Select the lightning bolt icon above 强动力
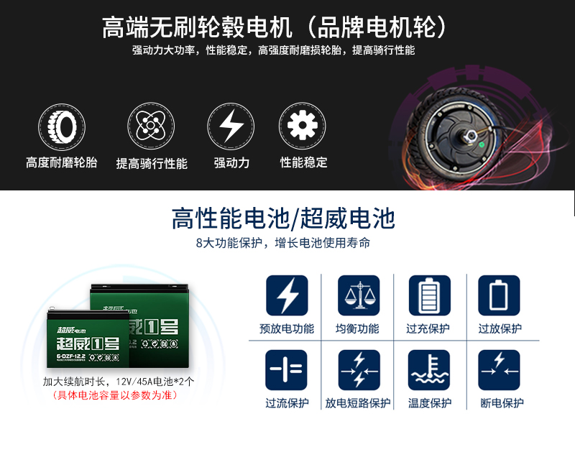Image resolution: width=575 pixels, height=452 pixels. coord(231,125)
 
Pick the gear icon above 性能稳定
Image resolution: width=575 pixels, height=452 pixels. coord(303,125)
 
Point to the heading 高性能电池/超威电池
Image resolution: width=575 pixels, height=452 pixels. coord(283,218)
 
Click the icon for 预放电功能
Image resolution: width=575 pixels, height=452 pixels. coord(287,295)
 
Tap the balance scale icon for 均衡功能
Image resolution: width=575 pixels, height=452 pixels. coord(358,295)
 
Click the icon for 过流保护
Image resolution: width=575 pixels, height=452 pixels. coord(287,370)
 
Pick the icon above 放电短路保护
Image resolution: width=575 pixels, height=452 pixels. coord(358,370)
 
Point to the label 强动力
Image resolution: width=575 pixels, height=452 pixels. coord(231,163)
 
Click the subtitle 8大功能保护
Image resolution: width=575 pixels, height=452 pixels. coord(283,243)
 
